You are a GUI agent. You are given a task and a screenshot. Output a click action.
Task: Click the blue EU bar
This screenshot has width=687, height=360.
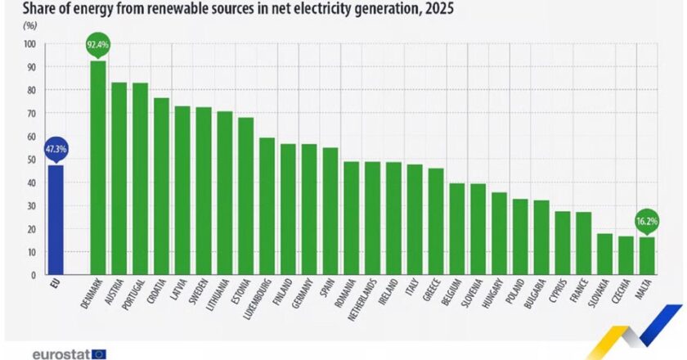coord(56,220)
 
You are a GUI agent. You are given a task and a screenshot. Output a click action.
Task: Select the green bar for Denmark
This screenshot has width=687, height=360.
coord(98,168)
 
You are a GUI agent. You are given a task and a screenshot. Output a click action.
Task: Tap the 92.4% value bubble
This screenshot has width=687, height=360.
coord(98,43)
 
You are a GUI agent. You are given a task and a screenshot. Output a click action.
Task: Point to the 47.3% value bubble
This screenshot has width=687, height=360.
coord(56,149)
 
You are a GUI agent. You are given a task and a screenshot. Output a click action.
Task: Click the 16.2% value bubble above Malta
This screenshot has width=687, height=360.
coord(646,220)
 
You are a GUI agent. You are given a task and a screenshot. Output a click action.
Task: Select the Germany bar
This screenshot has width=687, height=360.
coord(309,209)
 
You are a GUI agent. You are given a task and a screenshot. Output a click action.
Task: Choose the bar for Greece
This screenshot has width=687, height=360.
coord(436,222)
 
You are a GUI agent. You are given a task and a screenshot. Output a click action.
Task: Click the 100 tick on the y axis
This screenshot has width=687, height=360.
coord(30,43)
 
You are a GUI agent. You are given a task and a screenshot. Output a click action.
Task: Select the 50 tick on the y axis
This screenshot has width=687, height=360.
coord(32,160)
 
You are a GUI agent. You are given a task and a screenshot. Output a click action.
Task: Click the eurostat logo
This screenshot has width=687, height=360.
coord(69,354)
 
